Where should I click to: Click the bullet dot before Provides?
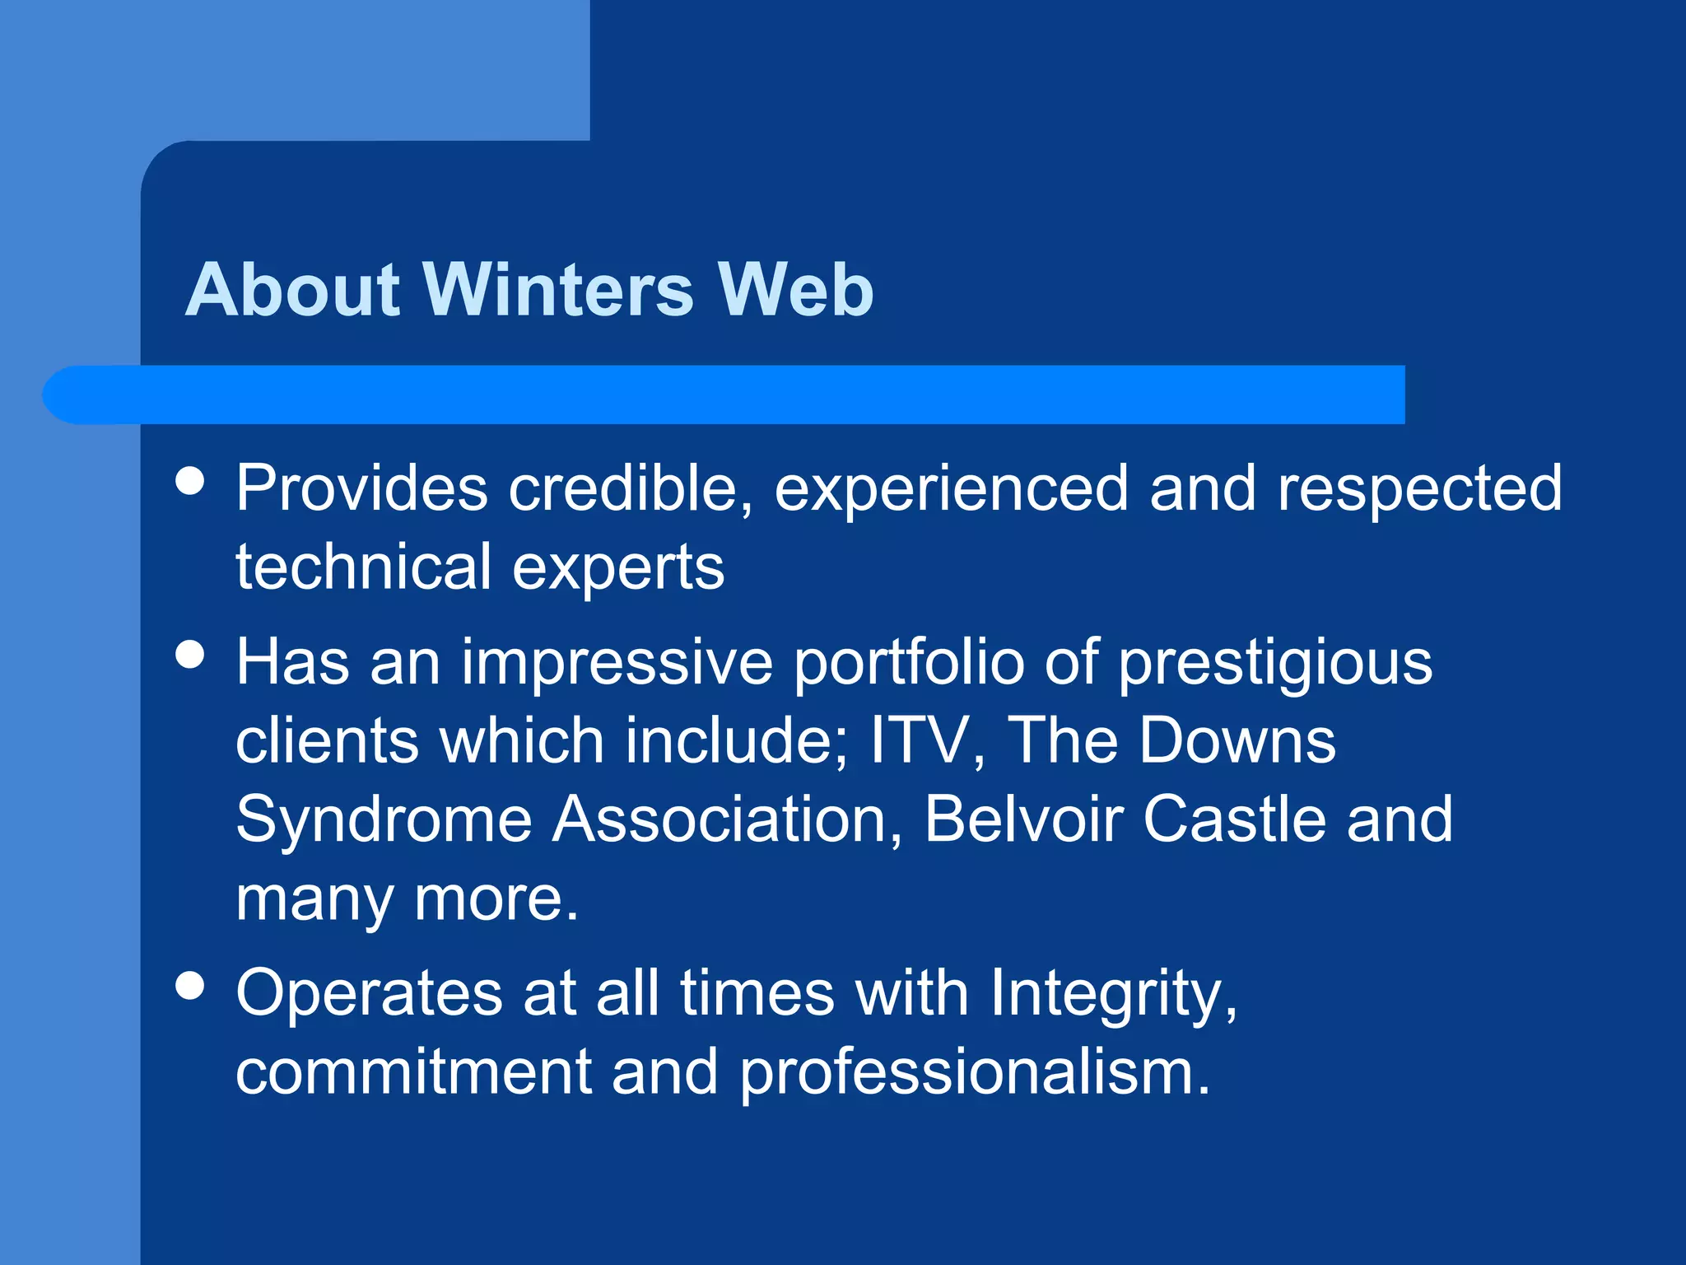[x=190, y=481]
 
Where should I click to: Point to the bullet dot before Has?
[x=190, y=656]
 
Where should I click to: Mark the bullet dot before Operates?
[x=190, y=986]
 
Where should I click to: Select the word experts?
[x=618, y=569]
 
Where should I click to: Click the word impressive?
[x=617, y=663]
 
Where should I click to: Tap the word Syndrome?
[x=384, y=821]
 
